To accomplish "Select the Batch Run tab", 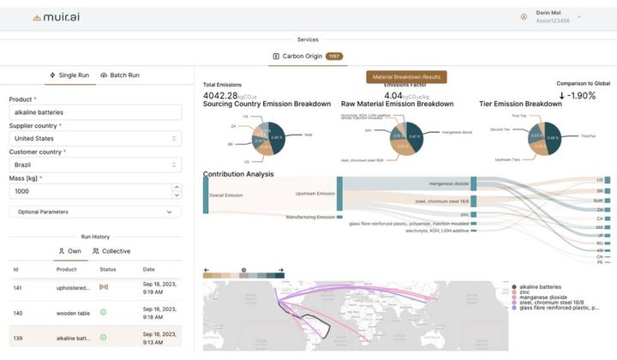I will [x=120, y=75].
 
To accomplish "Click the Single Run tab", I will [x=69, y=75].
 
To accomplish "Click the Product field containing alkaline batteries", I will [x=94, y=112].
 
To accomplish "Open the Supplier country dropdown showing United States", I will [x=94, y=138].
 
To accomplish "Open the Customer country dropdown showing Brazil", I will [x=94, y=165].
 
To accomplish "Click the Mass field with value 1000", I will [x=89, y=190].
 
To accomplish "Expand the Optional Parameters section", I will [x=94, y=212].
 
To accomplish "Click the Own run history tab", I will [x=69, y=251].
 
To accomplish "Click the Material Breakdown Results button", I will [x=406, y=77].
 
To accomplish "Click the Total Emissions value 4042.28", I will [x=222, y=95].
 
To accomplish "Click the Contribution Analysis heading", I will [x=238, y=174].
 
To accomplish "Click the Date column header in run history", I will [x=149, y=269].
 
